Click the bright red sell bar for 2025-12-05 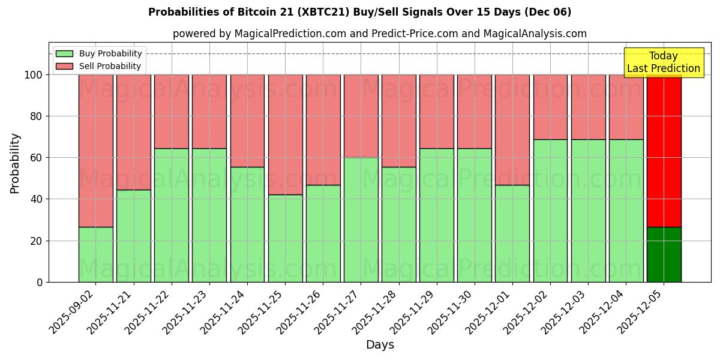(x=664, y=150)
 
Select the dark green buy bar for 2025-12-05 (x=664, y=254)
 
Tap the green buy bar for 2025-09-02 (x=95, y=254)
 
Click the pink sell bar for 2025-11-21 (x=133, y=132)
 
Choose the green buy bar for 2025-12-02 (x=550, y=211)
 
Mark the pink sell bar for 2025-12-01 (x=512, y=130)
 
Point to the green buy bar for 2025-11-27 (x=361, y=220)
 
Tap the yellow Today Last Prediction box (x=664, y=62)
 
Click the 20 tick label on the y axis (x=37, y=241)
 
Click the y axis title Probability (x=15, y=163)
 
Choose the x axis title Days (x=380, y=345)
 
